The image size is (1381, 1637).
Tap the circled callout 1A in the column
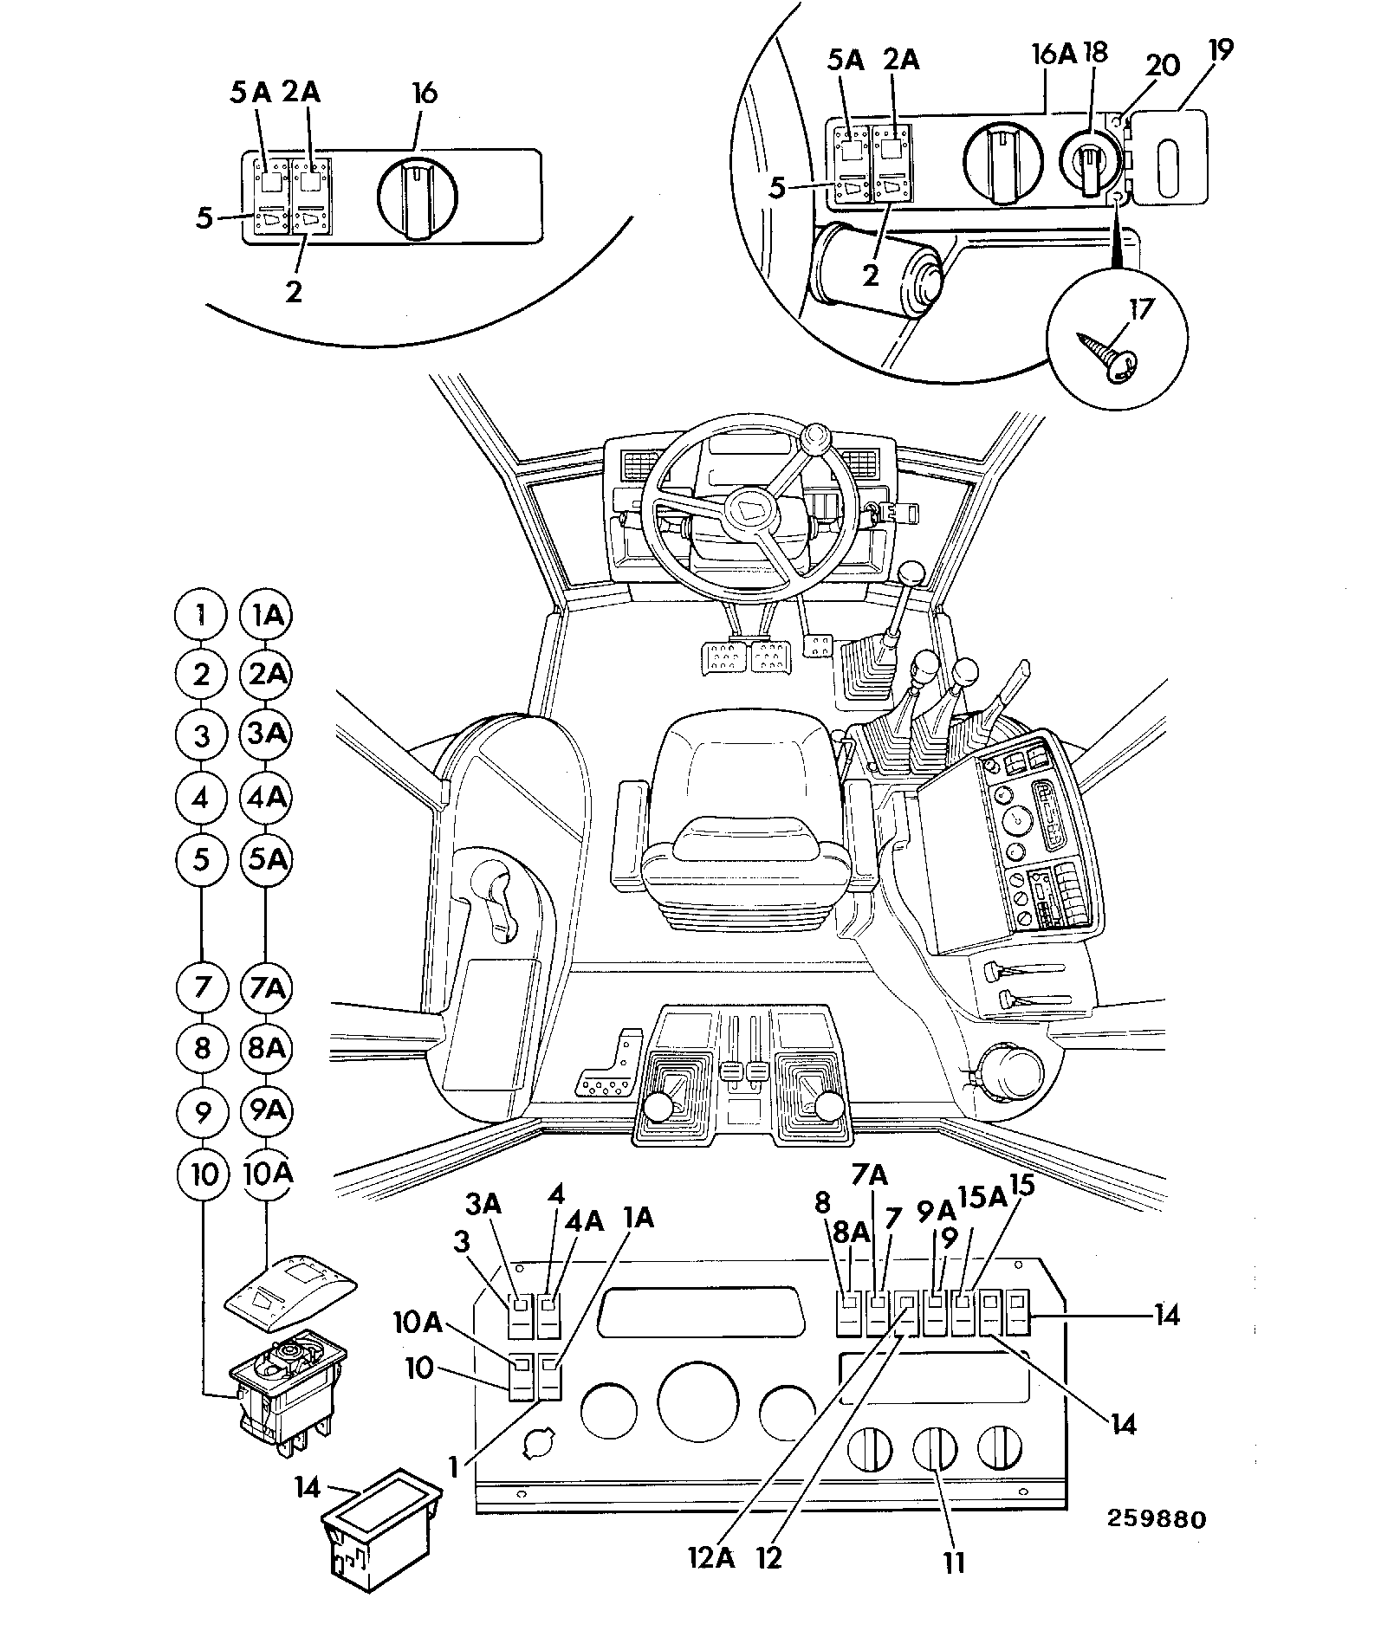pyautogui.click(x=266, y=616)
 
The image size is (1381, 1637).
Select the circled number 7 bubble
pyautogui.click(x=202, y=987)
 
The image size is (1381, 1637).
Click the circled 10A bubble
pyautogui.click(x=266, y=1174)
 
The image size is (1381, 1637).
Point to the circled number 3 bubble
pyautogui.click(x=202, y=736)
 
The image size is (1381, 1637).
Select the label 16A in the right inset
pyautogui.click(x=1054, y=54)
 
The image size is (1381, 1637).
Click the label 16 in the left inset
pyautogui.click(x=425, y=93)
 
